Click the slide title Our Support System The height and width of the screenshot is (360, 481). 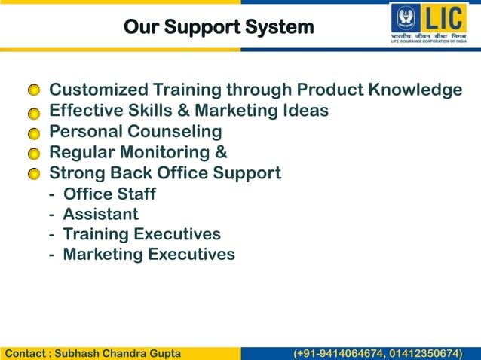pyautogui.click(x=218, y=28)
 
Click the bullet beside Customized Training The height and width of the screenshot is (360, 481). pyautogui.click(x=34, y=92)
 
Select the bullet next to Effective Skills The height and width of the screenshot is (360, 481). pyautogui.click(x=34, y=113)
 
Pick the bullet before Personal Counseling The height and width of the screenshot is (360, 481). pyautogui.click(x=34, y=133)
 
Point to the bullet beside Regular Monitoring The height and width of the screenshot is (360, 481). pyautogui.click(x=34, y=154)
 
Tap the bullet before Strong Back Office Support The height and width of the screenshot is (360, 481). pyautogui.click(x=34, y=175)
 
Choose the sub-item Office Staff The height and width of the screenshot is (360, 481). pyautogui.click(x=109, y=194)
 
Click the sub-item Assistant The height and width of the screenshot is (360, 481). pyautogui.click(x=100, y=215)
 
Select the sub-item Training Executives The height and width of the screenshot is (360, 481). pyautogui.click(x=142, y=235)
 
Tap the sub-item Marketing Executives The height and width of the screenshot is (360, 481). pyautogui.click(x=149, y=255)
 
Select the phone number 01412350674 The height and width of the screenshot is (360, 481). pyautogui.click(x=427, y=353)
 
